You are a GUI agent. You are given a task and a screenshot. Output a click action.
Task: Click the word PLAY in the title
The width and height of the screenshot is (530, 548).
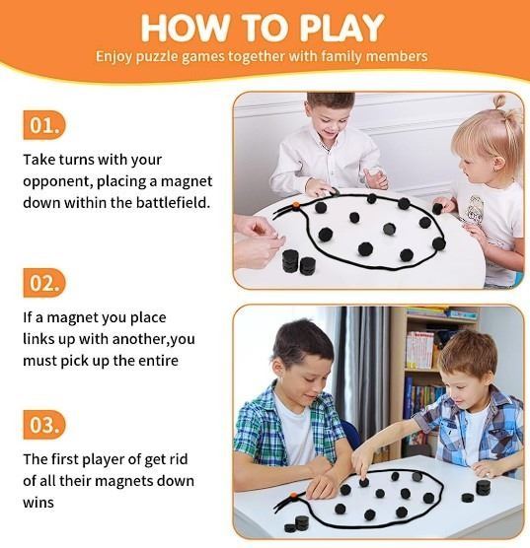[x=342, y=28]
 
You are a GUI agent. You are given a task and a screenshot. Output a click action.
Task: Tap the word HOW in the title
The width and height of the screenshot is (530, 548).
[x=185, y=28]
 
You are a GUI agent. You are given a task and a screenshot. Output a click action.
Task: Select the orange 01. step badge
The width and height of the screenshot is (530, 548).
[x=44, y=125]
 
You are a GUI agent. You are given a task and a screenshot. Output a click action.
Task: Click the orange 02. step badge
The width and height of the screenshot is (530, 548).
[x=44, y=283]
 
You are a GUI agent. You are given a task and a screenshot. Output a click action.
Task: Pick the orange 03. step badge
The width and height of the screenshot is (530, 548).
[x=44, y=425]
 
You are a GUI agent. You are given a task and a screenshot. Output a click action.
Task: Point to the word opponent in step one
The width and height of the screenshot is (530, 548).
[x=56, y=182]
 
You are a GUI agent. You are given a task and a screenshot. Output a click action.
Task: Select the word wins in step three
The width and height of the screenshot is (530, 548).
[x=38, y=503]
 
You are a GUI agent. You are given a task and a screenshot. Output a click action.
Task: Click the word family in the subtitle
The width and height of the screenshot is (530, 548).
[x=341, y=56]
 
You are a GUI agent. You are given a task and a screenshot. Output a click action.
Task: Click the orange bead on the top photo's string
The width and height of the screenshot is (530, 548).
[x=296, y=205]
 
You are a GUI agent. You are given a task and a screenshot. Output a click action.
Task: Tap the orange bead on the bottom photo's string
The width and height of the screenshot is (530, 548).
[x=293, y=495]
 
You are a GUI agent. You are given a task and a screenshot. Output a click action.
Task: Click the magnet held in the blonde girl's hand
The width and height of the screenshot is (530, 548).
[x=438, y=208]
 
